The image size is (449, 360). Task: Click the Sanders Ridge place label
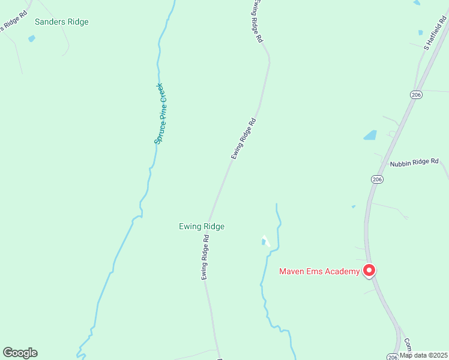coord(61,22)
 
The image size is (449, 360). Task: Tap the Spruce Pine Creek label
coord(163,113)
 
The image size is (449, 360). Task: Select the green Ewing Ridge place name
coord(202,226)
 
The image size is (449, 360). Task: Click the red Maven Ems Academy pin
coord(370,271)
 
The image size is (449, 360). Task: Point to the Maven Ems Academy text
coord(319,271)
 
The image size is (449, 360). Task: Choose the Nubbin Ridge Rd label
coord(414,163)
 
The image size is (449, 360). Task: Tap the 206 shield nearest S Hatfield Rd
coord(415,95)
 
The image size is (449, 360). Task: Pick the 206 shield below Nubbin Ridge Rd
coord(376,179)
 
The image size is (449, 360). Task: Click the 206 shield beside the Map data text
coord(393,356)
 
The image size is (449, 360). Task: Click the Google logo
coord(20,353)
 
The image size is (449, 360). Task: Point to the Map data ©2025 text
coord(423,355)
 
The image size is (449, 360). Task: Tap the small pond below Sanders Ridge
coord(32,39)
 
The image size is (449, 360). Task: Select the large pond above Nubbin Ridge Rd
coord(370,136)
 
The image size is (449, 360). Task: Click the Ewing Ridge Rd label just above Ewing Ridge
coord(244,139)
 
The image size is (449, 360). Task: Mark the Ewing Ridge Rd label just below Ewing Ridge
coord(205,257)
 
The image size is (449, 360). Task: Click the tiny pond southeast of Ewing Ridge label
coord(264,242)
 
